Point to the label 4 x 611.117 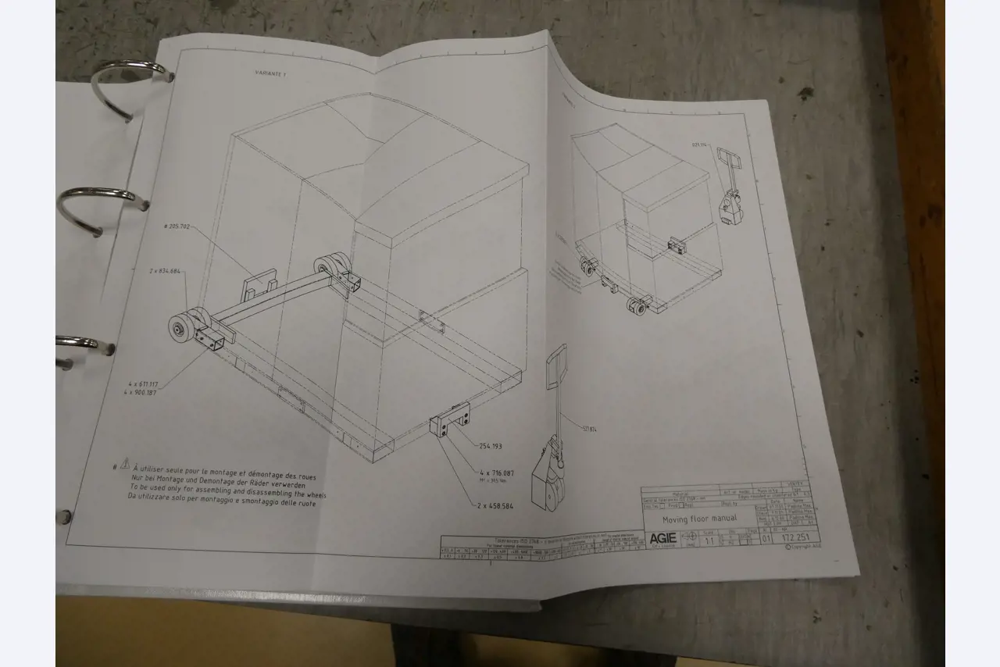point(143,384)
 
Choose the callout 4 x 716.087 point(498,473)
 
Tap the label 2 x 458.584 point(495,506)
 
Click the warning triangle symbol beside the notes point(125,464)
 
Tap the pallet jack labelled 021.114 point(730,191)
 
